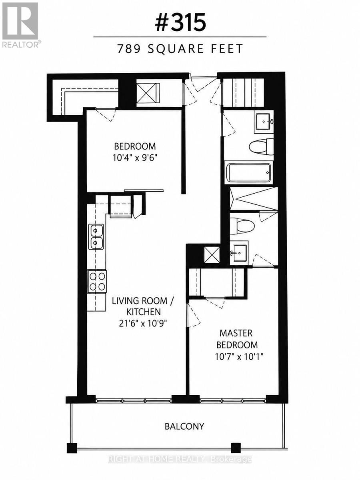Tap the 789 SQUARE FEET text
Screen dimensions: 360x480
pyautogui.click(x=180, y=49)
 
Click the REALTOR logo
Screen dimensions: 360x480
pyautogui.click(x=20, y=25)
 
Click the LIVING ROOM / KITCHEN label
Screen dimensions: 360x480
pyautogui.click(x=143, y=306)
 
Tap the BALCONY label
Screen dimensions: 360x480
pyautogui.click(x=184, y=426)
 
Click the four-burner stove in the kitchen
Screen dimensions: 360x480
pyautogui.click(x=97, y=281)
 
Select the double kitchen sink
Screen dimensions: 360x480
pyautogui.click(x=96, y=237)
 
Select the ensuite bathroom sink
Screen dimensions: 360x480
pyautogui.click(x=239, y=253)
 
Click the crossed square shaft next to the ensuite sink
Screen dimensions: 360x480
pyautogui.click(x=212, y=254)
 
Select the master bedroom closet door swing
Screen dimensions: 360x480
pyautogui.click(x=215, y=303)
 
